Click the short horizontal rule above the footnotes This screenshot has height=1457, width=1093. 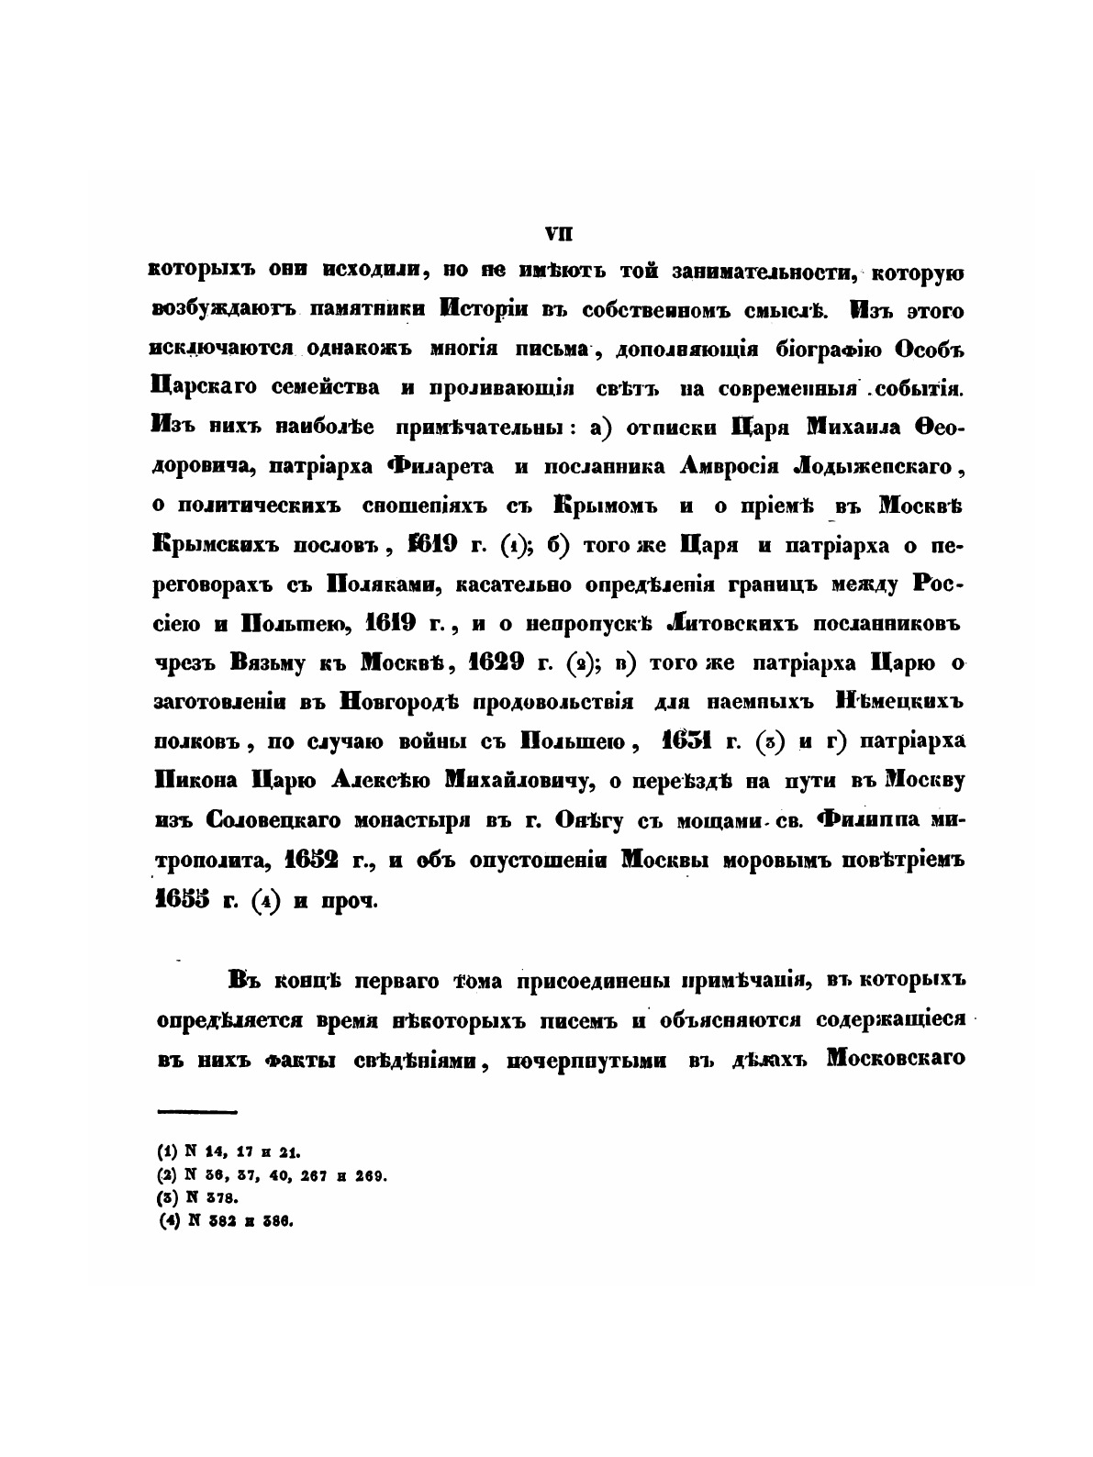tap(197, 1112)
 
